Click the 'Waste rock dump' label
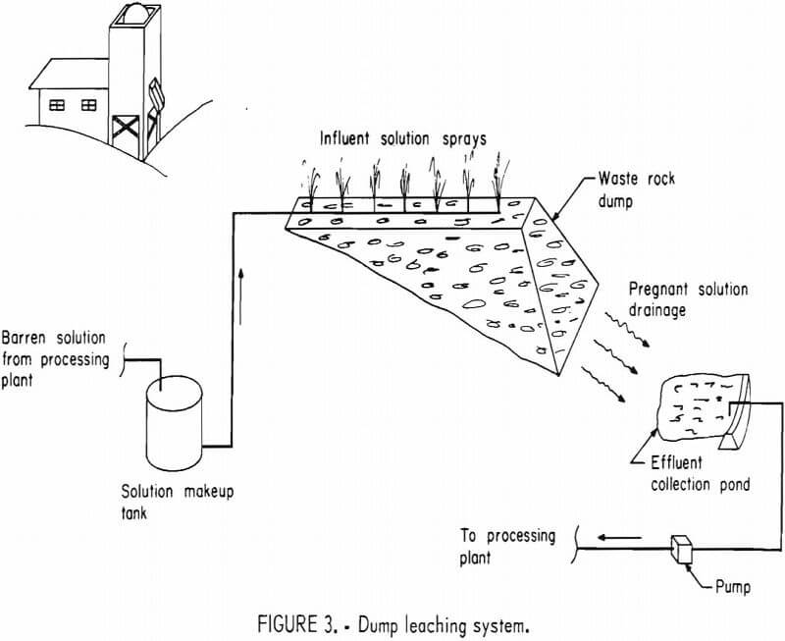coord(644,189)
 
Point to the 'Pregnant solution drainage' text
coord(688,299)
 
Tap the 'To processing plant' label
coord(507,547)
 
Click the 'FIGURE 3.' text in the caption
coord(285,621)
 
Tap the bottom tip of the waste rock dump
coord(557,374)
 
